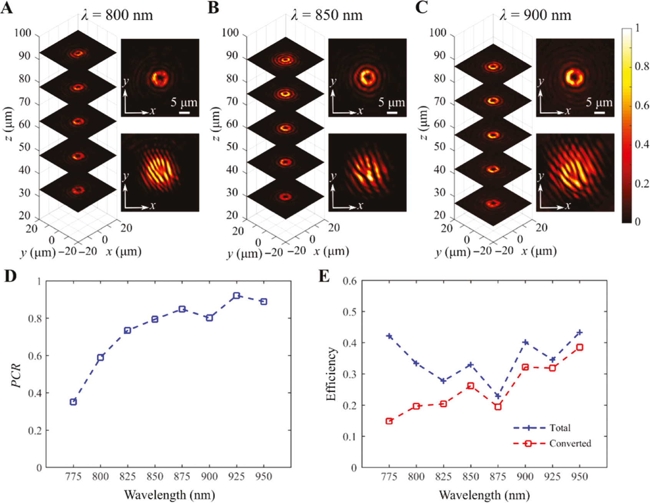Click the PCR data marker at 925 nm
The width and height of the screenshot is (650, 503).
(x=237, y=295)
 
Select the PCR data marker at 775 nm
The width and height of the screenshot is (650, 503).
(x=73, y=402)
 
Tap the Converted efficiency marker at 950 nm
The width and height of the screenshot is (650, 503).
(x=580, y=347)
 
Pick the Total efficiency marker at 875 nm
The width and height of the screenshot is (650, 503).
(x=498, y=396)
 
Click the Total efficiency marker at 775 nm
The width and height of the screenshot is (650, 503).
(x=389, y=336)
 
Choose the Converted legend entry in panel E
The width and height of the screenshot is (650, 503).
(x=570, y=443)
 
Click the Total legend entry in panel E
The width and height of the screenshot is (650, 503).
(x=559, y=428)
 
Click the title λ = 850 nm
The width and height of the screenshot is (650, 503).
(x=326, y=15)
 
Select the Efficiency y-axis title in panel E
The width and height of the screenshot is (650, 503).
(x=331, y=374)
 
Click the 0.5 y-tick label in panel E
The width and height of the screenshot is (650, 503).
(x=349, y=312)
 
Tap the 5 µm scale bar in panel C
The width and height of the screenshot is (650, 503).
(x=600, y=113)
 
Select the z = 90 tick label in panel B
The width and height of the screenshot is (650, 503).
(x=232, y=56)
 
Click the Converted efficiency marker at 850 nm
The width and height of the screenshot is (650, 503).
(x=471, y=386)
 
